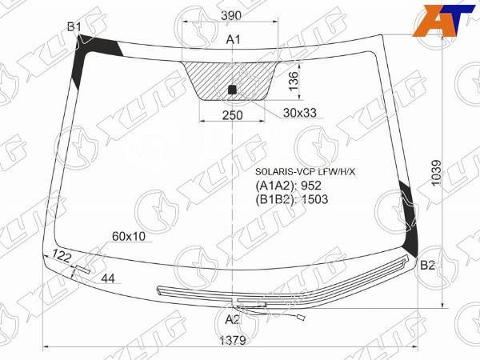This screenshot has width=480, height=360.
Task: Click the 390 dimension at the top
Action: [231, 16]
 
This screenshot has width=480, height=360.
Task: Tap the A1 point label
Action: [234, 39]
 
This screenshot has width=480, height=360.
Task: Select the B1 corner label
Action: [74, 27]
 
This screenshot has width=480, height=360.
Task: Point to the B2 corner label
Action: [428, 265]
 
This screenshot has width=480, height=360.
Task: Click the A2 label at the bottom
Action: [232, 320]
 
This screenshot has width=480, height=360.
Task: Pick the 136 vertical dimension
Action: [294, 81]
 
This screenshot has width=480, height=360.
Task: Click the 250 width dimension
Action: [232, 115]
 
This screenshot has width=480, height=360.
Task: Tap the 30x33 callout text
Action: [300, 113]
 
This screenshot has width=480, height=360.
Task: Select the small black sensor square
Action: [233, 89]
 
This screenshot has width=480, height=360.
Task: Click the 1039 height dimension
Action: [436, 172]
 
